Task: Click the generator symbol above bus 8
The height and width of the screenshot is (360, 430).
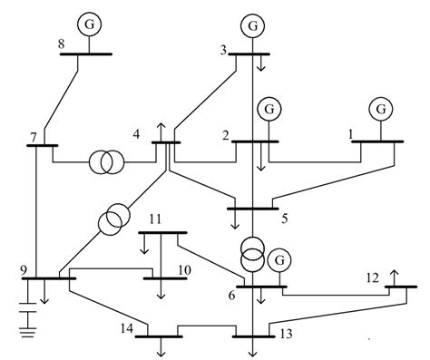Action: pos(89,23)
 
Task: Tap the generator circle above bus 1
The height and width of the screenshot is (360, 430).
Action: pos(378,110)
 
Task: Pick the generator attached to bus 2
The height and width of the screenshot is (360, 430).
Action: pos(269,110)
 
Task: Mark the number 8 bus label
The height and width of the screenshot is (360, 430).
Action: pos(61,43)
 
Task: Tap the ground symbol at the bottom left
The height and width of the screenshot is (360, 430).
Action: pos(29,336)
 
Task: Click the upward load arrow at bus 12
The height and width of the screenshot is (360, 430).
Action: pos(395,277)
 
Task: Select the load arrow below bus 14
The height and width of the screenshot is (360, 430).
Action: pos(161,345)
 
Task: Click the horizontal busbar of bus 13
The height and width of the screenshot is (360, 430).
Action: pos(255,336)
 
